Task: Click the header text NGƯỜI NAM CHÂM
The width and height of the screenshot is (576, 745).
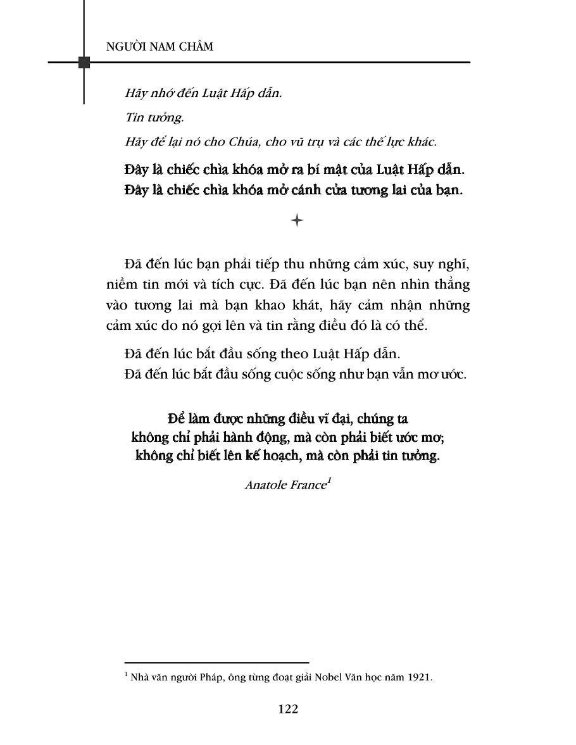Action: [x=160, y=47]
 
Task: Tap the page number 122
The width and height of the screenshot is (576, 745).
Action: [x=288, y=709]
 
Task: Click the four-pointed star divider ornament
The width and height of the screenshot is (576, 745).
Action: [x=297, y=220]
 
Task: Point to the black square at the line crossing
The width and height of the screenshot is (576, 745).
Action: [x=84, y=62]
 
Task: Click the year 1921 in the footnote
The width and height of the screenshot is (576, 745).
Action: [x=418, y=677]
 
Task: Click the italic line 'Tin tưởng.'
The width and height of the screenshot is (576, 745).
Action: [x=147, y=118]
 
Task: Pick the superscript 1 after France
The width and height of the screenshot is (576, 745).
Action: [x=329, y=482]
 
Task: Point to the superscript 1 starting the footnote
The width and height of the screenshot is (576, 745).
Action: [x=127, y=675]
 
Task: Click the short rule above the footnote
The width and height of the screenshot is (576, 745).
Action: [x=216, y=662]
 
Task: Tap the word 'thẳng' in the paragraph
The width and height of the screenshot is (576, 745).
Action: [x=451, y=285]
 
